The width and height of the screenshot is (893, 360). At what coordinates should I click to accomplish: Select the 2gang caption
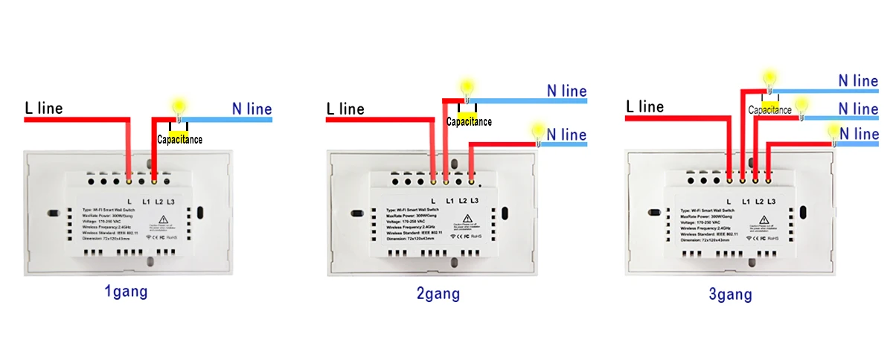click(x=438, y=294)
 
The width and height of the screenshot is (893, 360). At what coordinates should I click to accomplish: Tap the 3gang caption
click(x=730, y=295)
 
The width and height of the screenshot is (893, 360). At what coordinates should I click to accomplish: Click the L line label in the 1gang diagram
click(x=44, y=109)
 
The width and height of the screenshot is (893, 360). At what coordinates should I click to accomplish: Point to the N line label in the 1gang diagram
click(x=252, y=109)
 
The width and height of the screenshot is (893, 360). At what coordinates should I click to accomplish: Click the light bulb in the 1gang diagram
click(x=179, y=106)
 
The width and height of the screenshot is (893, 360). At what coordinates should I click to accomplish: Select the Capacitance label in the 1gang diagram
click(x=179, y=139)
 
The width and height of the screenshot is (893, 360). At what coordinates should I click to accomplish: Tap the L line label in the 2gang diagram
click(x=345, y=109)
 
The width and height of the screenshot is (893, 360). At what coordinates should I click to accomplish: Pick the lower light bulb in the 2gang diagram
click(x=536, y=131)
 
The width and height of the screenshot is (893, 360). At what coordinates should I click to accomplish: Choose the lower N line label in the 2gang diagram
click(x=566, y=135)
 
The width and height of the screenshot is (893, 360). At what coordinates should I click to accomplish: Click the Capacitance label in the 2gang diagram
click(x=469, y=121)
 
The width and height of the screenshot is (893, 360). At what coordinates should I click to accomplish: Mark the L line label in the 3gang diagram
click(x=644, y=107)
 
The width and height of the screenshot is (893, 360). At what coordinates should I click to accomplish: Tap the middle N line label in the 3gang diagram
click(x=858, y=109)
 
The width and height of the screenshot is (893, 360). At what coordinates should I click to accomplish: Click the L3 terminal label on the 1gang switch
click(x=170, y=202)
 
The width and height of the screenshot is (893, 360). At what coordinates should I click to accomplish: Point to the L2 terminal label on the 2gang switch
click(x=462, y=202)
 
